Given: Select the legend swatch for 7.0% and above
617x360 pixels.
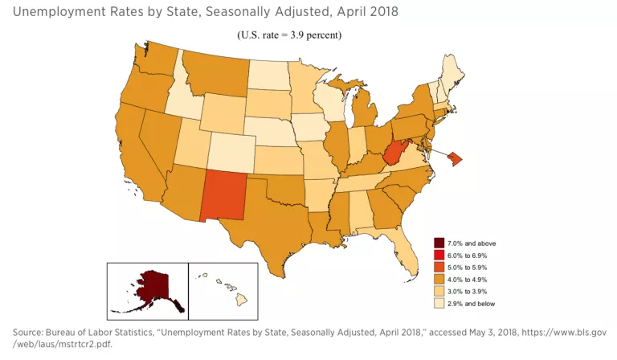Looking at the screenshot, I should [439, 243].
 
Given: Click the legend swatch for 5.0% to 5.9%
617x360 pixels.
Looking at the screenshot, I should [439, 267].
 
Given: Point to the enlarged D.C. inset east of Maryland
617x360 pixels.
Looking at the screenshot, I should [453, 158].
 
